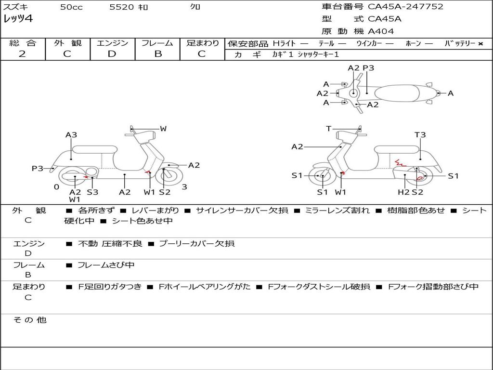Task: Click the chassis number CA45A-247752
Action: pos(405,7)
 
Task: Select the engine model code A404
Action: pos(381,31)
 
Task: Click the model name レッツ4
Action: pos(18,19)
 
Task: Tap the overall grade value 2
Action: pos(22,54)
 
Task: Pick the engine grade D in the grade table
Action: pos(112,54)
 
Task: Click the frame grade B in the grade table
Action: pos(158,54)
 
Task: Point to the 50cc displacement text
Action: pos(71,7)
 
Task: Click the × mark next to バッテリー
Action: pos(480,44)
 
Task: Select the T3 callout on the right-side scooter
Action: pos(420,135)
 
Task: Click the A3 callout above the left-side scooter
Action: pos(71,135)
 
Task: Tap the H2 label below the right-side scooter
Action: pos(403,192)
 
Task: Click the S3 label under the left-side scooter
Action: pos(92,192)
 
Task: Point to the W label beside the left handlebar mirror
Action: pos(163,128)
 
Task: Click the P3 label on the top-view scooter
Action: pos(368,67)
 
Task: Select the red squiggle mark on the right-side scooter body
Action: pos(400,163)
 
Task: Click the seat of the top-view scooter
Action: pos(397,93)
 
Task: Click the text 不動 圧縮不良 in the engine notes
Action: pos(110,243)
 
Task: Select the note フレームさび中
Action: pos(106,265)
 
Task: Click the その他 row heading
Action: pos(29,320)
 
